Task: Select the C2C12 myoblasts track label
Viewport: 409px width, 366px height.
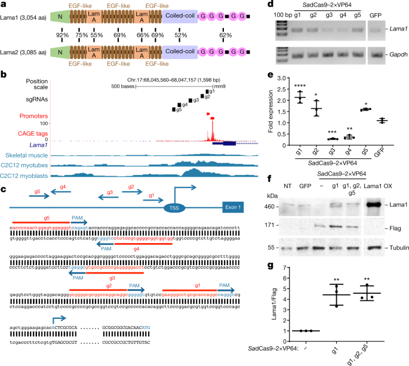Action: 24,175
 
